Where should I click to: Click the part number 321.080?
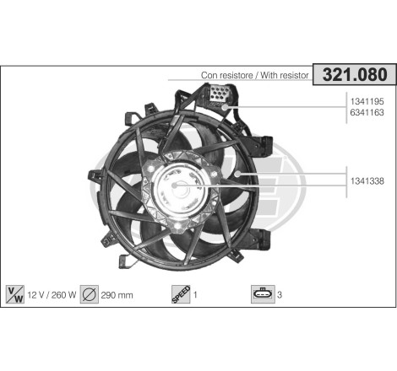coord(356,74)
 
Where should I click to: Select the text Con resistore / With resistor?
coord(256,76)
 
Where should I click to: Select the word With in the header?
coord(266,76)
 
